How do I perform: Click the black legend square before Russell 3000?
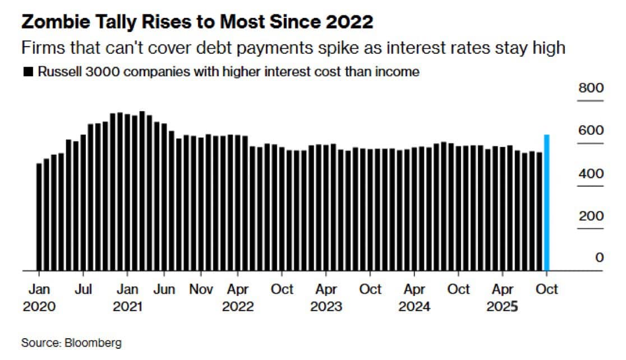click(26, 72)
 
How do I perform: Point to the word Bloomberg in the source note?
click(92, 343)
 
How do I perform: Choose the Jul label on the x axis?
click(83, 289)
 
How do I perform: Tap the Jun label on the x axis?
click(164, 289)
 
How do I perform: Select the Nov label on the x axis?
click(201, 289)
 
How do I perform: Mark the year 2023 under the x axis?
click(326, 307)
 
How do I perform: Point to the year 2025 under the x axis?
click(502, 307)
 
